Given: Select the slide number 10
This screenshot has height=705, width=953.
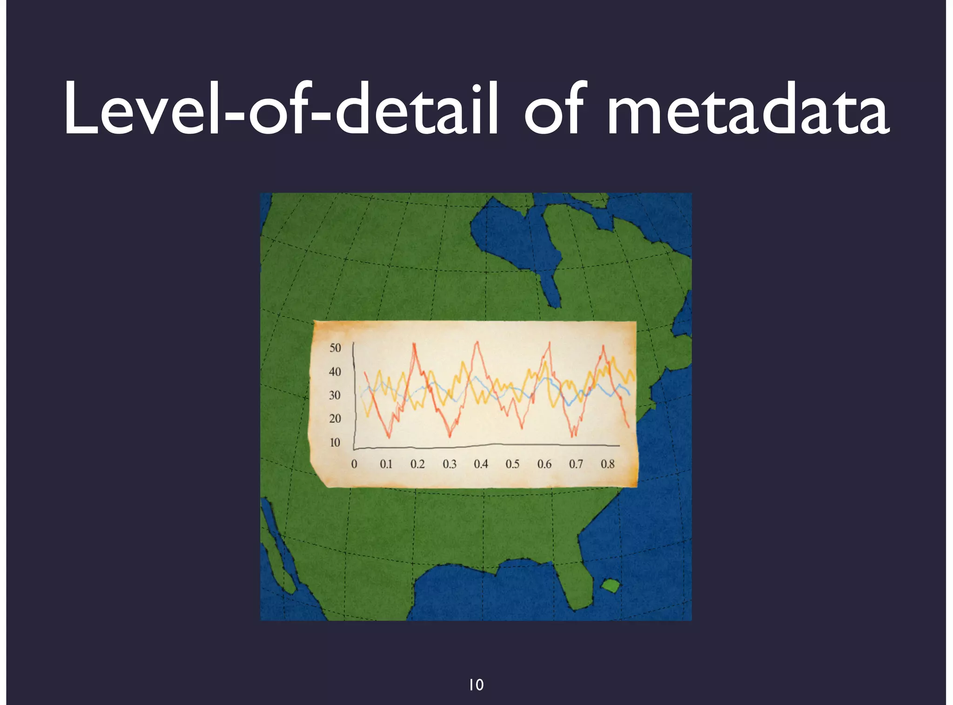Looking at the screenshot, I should point(476,685).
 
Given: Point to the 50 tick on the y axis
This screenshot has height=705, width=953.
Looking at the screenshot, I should point(335,348).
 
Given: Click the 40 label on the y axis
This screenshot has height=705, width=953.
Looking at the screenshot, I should point(335,372).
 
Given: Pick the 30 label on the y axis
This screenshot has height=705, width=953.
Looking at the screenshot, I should point(335,396).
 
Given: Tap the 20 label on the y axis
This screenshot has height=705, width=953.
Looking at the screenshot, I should point(335,419).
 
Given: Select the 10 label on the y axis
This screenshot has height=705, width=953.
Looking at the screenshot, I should point(335,443).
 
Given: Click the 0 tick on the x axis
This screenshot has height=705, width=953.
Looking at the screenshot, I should point(354,464).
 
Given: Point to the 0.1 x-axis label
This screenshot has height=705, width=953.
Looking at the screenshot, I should point(386,464).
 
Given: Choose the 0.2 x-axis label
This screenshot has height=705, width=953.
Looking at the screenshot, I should point(417,464).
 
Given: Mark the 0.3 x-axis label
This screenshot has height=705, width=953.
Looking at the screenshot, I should point(450,464).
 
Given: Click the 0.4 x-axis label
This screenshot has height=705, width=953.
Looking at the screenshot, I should point(481,464).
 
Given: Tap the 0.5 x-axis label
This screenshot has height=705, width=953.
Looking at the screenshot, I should point(512,464).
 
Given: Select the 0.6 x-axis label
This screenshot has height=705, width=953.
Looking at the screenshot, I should point(544,464).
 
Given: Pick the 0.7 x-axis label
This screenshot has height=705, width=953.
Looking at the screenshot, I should point(576,464).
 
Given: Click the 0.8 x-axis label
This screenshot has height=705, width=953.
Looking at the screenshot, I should point(607,464).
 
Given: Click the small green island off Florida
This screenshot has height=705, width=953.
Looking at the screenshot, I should point(611,585).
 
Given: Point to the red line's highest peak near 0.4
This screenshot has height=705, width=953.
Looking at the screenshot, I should point(476,342).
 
